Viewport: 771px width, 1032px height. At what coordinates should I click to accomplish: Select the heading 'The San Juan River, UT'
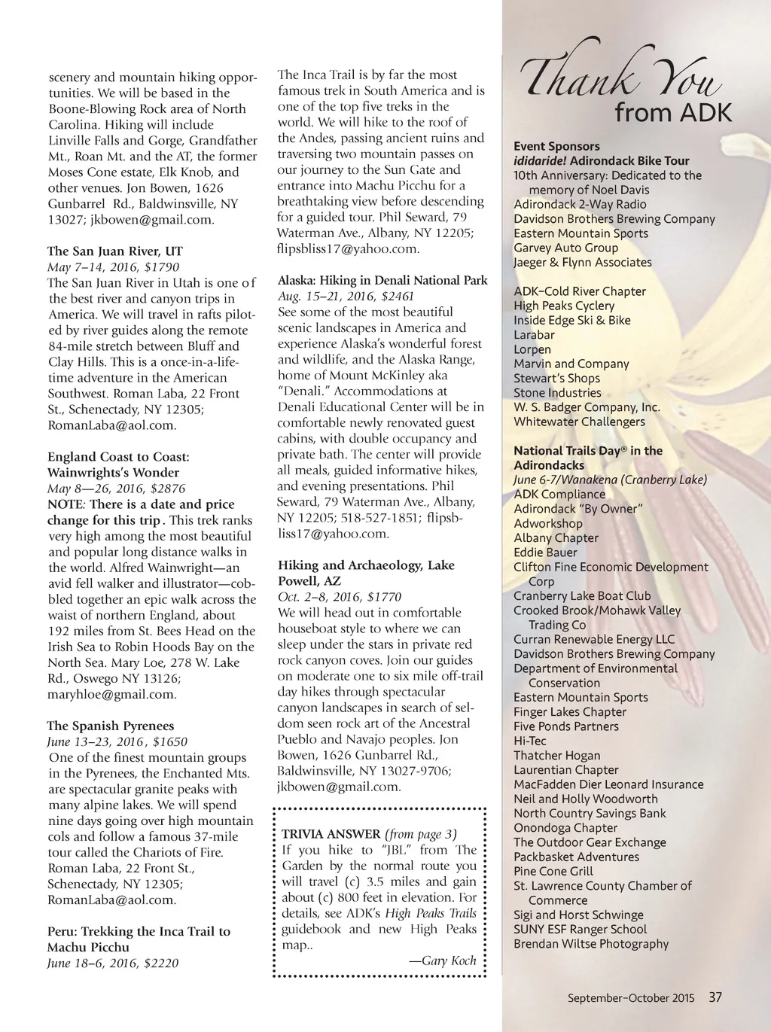tap(115, 251)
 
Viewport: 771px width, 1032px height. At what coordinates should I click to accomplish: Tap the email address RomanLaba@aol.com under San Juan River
tap(112, 425)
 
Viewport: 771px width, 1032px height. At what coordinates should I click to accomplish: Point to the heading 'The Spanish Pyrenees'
tap(111, 726)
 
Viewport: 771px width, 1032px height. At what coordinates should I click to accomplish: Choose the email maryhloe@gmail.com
tap(112, 695)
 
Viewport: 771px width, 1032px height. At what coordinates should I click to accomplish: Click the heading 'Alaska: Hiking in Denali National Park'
tap(382, 281)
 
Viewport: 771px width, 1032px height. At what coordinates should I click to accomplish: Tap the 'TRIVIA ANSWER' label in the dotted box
tap(331, 834)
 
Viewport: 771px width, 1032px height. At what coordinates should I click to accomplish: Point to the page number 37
tap(715, 998)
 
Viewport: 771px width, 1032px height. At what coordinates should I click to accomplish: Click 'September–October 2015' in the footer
tap(631, 999)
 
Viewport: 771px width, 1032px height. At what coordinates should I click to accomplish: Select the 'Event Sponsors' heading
tap(556, 147)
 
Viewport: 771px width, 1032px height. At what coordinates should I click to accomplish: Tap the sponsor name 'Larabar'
tap(534, 335)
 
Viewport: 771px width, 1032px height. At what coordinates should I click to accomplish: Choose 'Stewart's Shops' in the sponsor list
tap(556, 379)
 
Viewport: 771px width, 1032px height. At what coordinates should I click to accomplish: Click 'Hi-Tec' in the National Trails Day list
tap(530, 741)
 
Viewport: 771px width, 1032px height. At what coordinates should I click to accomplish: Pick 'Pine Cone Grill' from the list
tap(553, 872)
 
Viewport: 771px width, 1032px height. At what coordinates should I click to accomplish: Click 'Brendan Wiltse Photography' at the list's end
tap(591, 944)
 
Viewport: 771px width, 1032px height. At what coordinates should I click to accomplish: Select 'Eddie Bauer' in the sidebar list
tap(545, 553)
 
